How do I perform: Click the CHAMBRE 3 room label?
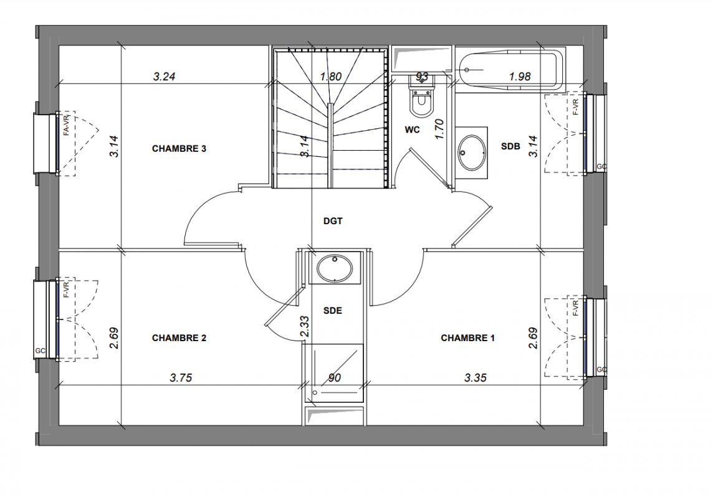179,149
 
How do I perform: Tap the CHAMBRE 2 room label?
179,338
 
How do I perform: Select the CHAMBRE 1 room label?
468,338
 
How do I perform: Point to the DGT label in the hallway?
333,221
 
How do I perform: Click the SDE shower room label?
332,311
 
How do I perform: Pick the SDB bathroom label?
510,146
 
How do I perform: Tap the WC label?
413,130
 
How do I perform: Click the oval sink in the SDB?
471,152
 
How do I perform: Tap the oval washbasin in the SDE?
335,268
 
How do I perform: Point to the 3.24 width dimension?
164,77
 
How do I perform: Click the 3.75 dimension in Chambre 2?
181,378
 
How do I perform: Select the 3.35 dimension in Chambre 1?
476,378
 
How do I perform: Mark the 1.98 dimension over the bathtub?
520,77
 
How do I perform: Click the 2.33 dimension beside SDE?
305,327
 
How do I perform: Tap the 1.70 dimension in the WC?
439,129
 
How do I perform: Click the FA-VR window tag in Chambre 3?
67,125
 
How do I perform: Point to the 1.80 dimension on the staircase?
330,77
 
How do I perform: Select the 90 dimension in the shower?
334,378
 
